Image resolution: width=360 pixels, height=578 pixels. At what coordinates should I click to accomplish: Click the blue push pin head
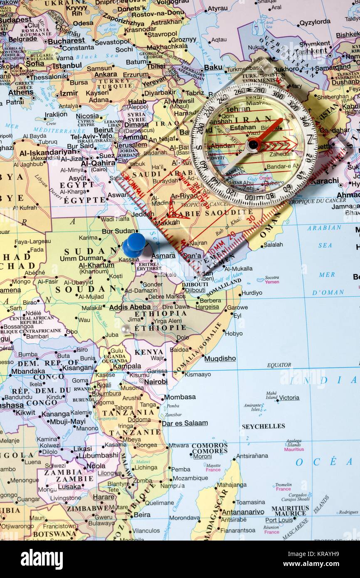[134, 244]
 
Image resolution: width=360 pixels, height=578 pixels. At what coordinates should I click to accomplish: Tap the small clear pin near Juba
[125, 329]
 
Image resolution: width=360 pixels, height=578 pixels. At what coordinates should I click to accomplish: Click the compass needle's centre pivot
[253, 144]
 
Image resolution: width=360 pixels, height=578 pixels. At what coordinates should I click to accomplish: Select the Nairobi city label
[155, 381]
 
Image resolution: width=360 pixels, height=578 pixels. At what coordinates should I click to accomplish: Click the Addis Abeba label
[130, 307]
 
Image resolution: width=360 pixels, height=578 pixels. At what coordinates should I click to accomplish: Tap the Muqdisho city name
[220, 358]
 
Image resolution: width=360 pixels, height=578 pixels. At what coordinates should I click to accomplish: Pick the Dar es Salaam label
[185, 423]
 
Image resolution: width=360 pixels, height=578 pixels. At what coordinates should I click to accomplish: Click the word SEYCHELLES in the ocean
[263, 426]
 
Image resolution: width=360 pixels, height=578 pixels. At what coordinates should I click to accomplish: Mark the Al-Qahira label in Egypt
[98, 163]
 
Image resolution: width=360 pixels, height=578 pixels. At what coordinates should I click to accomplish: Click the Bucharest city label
[66, 41]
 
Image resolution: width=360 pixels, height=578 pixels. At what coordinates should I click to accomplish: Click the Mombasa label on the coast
[180, 397]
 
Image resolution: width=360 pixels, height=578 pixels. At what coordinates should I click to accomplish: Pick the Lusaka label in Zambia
[69, 487]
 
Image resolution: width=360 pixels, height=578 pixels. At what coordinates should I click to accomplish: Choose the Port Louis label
[279, 520]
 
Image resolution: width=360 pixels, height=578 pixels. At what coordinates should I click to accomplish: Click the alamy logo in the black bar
[42, 559]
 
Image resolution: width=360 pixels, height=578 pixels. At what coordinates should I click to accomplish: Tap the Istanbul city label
[67, 65]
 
